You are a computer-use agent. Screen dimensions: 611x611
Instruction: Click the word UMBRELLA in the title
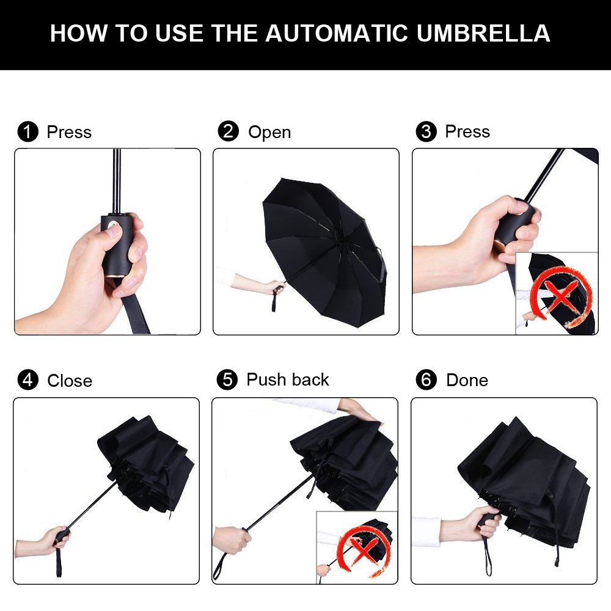(x=483, y=33)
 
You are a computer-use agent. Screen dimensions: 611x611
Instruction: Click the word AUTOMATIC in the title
(x=337, y=33)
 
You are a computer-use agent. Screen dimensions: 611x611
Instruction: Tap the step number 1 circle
(x=27, y=132)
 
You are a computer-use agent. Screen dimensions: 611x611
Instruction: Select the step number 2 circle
(x=228, y=131)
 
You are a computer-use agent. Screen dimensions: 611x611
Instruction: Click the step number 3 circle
(x=426, y=131)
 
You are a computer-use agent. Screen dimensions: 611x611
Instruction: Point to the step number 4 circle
(x=27, y=380)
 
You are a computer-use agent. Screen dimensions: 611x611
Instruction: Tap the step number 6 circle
(x=426, y=379)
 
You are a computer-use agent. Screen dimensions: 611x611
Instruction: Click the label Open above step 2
(x=269, y=132)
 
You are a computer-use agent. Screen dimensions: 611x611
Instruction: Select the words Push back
(x=288, y=379)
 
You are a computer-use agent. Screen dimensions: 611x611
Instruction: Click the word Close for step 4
(x=70, y=381)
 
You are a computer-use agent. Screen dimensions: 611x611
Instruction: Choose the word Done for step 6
(x=467, y=380)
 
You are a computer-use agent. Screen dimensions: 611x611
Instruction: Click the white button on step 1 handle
(x=112, y=230)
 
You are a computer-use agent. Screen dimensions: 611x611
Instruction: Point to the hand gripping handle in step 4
(x=54, y=539)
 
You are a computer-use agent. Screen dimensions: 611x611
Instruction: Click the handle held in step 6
(x=489, y=523)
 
